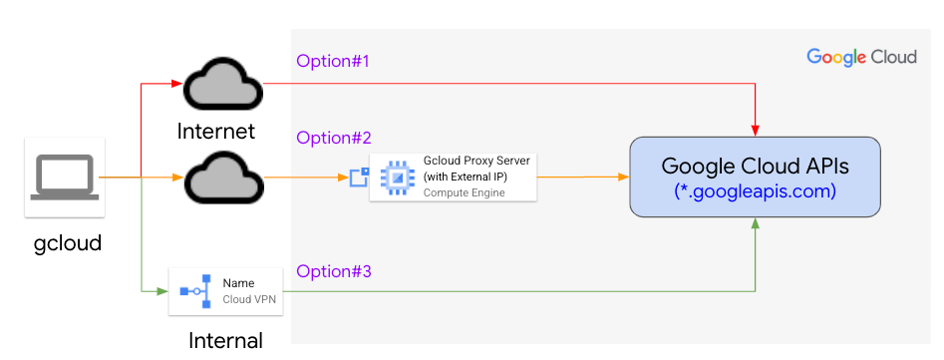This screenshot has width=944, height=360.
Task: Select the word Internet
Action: tap(216, 131)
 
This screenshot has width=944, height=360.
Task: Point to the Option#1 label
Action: tap(333, 62)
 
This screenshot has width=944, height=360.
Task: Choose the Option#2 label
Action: tap(333, 138)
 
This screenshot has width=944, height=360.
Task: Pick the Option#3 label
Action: tap(333, 271)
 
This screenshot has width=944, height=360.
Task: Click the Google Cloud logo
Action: tap(861, 57)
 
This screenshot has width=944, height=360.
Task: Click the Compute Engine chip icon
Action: tap(398, 178)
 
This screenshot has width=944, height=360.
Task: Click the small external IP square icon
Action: tap(358, 178)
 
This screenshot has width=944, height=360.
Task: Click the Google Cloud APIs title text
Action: tap(755, 166)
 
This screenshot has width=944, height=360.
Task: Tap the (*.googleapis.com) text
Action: tap(755, 189)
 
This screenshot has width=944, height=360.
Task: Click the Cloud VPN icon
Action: tap(195, 291)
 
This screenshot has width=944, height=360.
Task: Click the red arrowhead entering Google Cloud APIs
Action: tap(755, 131)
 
